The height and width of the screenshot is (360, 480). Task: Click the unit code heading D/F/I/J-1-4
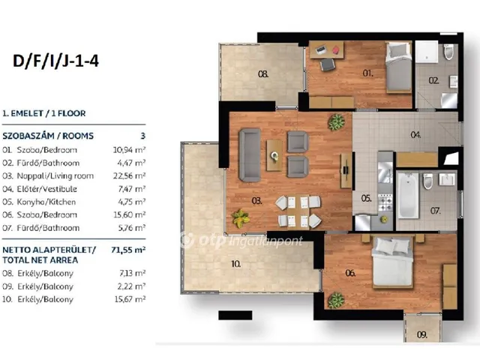pos(55,61)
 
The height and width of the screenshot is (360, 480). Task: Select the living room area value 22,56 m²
pos(129,175)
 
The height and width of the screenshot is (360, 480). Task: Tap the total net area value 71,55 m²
pos(128,250)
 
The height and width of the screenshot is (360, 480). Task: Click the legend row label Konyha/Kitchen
pos(46,202)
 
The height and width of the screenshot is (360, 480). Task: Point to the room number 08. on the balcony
pos(263,73)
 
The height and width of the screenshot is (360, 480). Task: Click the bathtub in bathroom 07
pos(407,195)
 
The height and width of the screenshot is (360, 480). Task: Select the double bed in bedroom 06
pos(393,262)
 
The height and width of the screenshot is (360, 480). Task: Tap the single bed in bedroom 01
pos(398,67)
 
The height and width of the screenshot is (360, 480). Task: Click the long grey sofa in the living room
pos(250,155)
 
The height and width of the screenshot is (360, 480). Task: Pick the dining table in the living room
pos(298,211)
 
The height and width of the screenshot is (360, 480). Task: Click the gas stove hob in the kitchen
pos(385,203)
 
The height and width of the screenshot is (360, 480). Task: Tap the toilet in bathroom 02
pos(448,52)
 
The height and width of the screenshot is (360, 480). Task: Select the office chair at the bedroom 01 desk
pos(328,64)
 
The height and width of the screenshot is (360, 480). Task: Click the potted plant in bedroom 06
pos(336,300)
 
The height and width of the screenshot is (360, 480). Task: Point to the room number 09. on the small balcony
pos(421,334)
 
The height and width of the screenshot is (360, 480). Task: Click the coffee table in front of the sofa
pos(274,155)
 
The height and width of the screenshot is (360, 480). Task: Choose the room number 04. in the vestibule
pos(415,135)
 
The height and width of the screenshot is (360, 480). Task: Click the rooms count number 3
pos(142,136)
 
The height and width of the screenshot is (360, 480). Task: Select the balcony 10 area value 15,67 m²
pos(130,299)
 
